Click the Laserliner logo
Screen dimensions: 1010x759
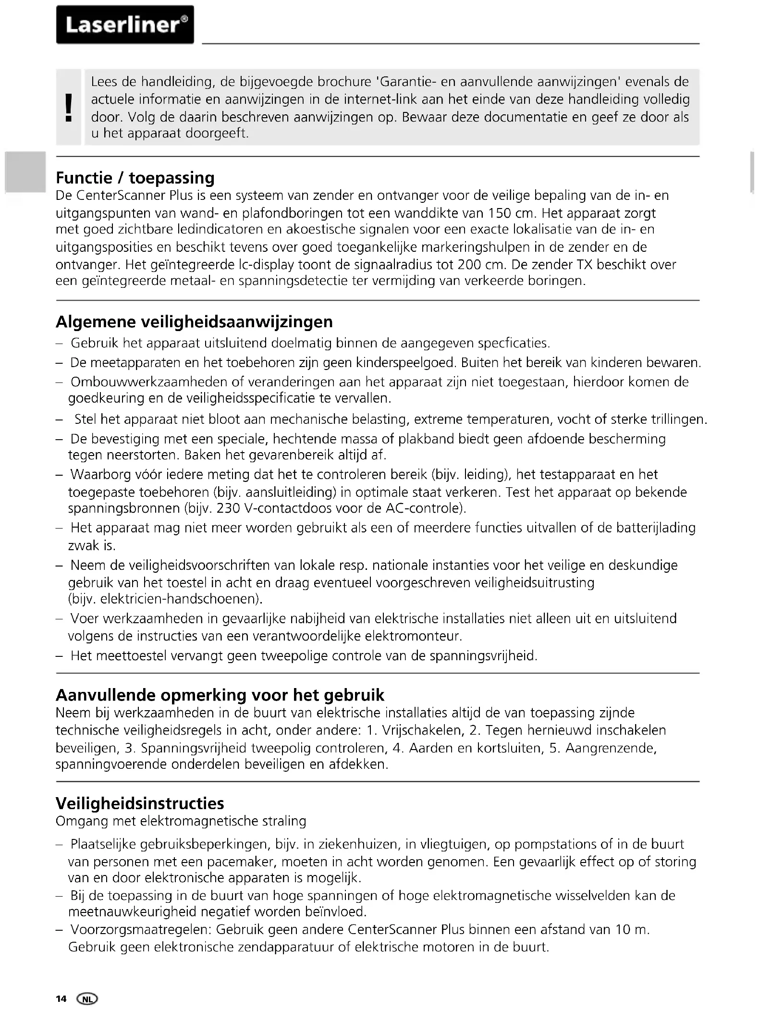[125, 25]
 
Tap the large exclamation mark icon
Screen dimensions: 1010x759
[69, 107]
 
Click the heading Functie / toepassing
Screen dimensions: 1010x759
[135, 178]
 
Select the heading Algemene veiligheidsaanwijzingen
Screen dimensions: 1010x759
[194, 321]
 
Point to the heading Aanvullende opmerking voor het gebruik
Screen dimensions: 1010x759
[220, 695]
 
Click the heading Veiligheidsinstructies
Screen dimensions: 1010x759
[140, 803]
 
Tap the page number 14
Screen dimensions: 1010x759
[61, 999]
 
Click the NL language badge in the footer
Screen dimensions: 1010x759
[87, 999]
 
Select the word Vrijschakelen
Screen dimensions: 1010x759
[422, 730]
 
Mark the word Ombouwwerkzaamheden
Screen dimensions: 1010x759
[149, 382]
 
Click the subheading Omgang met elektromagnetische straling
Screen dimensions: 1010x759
[181, 821]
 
